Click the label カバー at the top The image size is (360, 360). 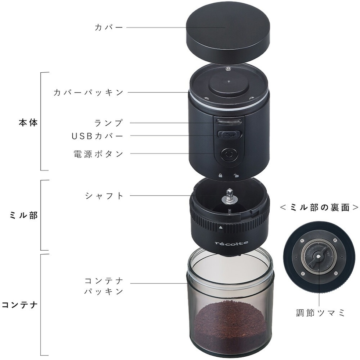pos(109,28)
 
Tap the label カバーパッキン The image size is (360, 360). pos(89,93)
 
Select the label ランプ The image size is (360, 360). pos(108,123)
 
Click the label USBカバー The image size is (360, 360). pos(97,136)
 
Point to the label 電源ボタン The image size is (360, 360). pos(98,154)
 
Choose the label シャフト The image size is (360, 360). pos(104,196)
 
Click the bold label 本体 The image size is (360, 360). pos(28,123)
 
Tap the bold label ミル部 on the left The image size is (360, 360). pos(23,216)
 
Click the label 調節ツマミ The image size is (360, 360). pos(320,313)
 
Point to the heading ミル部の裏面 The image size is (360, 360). pos(319,208)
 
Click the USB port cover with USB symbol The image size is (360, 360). pos(229,134)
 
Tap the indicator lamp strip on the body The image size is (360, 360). pos(229,121)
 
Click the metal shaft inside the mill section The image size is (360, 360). pos(228,197)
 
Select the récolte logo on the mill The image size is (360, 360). pos(231,243)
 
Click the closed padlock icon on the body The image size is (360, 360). pos(220,176)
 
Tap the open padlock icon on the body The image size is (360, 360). pos(236,176)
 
